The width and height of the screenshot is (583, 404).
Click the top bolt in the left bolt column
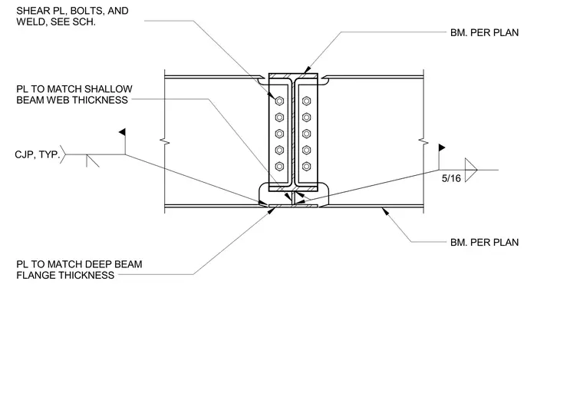[x=279, y=101]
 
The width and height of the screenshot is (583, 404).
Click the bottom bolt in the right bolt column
[x=306, y=167]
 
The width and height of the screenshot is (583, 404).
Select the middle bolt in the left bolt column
[x=279, y=134]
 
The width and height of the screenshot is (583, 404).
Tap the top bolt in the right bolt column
[x=306, y=101]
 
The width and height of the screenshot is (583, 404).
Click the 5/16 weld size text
[x=451, y=178]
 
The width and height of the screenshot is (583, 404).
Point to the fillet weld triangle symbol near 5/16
[x=469, y=171]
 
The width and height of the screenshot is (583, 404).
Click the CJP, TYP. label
[x=37, y=154]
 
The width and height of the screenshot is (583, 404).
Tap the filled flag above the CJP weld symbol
[x=122, y=132]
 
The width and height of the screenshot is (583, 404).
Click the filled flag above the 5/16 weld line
[x=442, y=147]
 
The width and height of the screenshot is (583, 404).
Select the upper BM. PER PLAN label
[x=484, y=33]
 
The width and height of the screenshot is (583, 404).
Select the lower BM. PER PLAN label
[x=484, y=243]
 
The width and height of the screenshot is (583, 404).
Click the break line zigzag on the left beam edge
[x=165, y=141]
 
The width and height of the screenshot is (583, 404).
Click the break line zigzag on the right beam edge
[x=423, y=141]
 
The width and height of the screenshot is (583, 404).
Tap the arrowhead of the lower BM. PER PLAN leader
[x=385, y=211]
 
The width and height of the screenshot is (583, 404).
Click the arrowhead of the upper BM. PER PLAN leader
[x=307, y=70]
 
